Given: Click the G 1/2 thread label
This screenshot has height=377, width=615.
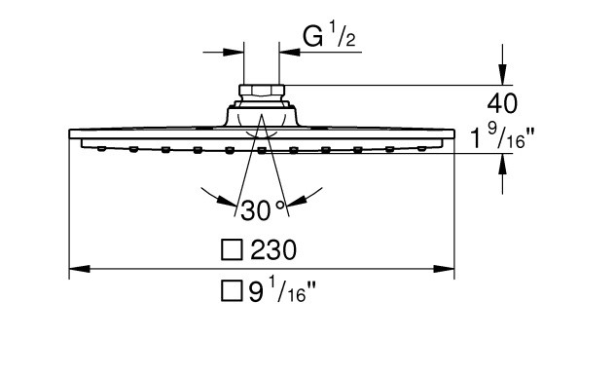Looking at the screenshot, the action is tap(329, 35).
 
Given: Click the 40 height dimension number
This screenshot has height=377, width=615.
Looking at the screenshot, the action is tap(502, 103).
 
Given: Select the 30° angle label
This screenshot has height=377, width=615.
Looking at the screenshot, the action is tap(262, 210).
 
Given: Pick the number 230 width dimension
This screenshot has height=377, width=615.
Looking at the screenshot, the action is tap(273, 249).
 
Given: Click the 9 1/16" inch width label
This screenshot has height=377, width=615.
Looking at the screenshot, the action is tap(282, 291).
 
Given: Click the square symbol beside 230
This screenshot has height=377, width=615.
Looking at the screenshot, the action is tap(232, 250).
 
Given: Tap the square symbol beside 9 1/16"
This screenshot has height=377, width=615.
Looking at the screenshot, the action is tap(232, 291).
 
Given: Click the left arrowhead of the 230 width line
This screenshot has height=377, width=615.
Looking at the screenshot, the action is tap(80, 269).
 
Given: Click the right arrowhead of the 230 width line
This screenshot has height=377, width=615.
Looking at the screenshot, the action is tap(444, 269).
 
